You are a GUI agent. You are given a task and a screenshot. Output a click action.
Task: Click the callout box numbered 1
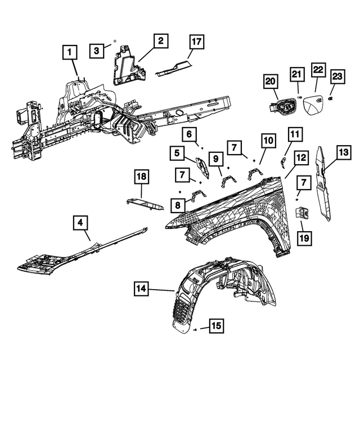(70, 53)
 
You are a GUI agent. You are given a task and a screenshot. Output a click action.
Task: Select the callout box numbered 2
(160, 40)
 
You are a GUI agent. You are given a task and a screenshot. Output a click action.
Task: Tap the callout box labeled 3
(96, 51)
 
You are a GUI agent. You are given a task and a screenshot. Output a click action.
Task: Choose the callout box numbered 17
(196, 41)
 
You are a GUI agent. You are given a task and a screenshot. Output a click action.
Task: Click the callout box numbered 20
(271, 82)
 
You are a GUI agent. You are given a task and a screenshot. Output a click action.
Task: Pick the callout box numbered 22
(318, 70)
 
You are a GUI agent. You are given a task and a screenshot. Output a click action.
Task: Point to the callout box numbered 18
(142, 178)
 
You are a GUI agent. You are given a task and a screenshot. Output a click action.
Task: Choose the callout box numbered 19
(304, 239)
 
